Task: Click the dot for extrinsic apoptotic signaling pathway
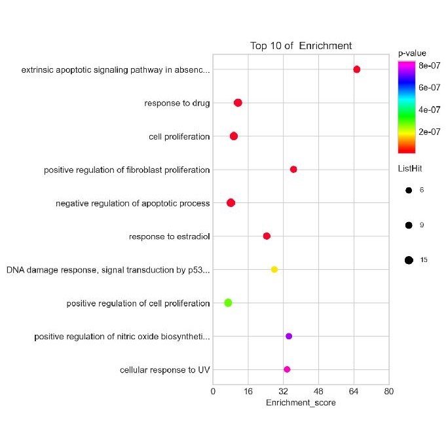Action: [x=357, y=69]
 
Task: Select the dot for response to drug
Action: [x=238, y=103]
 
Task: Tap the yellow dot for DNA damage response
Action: [x=274, y=269]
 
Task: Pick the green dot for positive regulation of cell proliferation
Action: [x=228, y=303]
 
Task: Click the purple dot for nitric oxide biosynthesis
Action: [x=289, y=336]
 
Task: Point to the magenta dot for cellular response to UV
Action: [x=287, y=369]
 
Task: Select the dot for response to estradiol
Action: [x=267, y=236]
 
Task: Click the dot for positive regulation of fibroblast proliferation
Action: [x=293, y=170]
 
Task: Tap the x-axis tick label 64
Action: [x=354, y=392]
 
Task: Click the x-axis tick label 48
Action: [x=318, y=392]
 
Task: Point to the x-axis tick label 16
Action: [x=248, y=392]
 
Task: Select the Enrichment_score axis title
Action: [x=301, y=403]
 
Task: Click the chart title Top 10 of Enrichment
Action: [x=301, y=46]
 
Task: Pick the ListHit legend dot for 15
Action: [x=409, y=260]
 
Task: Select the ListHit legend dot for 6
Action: [x=409, y=190]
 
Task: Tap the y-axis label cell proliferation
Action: [x=179, y=136]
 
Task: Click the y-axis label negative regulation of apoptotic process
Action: [x=133, y=203]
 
